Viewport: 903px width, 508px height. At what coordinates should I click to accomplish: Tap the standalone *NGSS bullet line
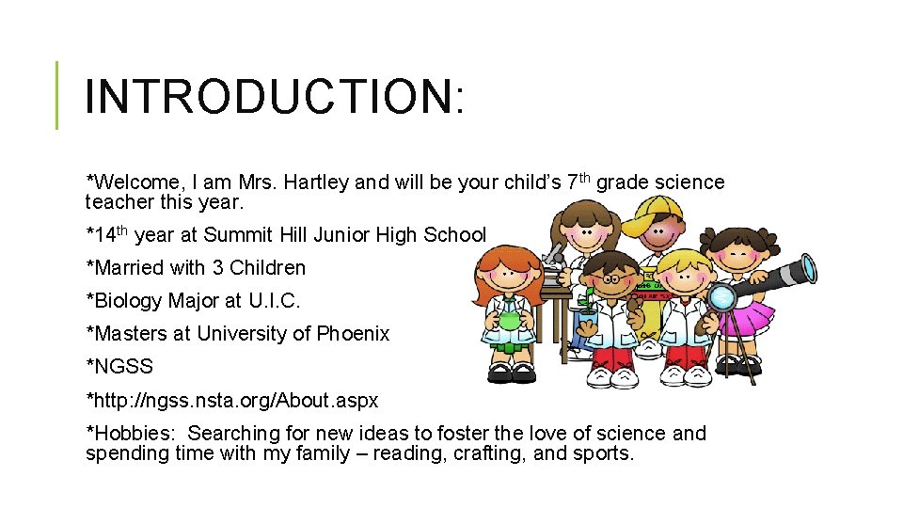119,367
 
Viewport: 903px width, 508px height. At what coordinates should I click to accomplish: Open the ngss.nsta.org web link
232,401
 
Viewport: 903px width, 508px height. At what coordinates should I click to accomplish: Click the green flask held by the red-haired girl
509,318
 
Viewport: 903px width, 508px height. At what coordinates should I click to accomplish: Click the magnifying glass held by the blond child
722,298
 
